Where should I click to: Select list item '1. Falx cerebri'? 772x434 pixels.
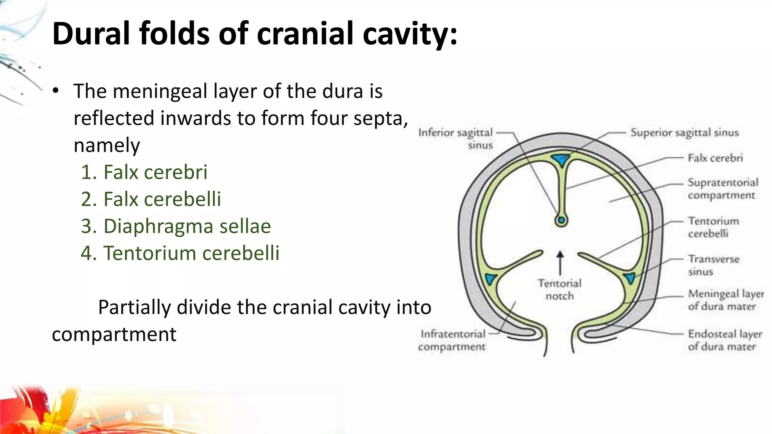tap(144, 172)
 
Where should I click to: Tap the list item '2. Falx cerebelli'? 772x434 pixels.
tap(151, 199)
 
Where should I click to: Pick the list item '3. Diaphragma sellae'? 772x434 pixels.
tap(176, 226)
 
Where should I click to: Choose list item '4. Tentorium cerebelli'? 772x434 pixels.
tap(180, 253)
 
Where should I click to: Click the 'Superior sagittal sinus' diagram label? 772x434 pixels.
tap(685, 133)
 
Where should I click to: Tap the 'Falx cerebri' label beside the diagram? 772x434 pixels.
tap(715, 158)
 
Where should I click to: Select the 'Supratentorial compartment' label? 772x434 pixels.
tap(723, 189)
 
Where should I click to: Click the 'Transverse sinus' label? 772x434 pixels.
tap(713, 265)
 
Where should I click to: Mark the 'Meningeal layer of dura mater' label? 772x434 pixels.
tap(726, 300)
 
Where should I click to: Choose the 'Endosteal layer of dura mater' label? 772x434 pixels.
tap(725, 340)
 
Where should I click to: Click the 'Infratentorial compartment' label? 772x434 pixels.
tap(452, 340)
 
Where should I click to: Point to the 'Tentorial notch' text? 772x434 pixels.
tap(560, 289)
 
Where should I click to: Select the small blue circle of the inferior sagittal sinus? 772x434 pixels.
tap(561, 220)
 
